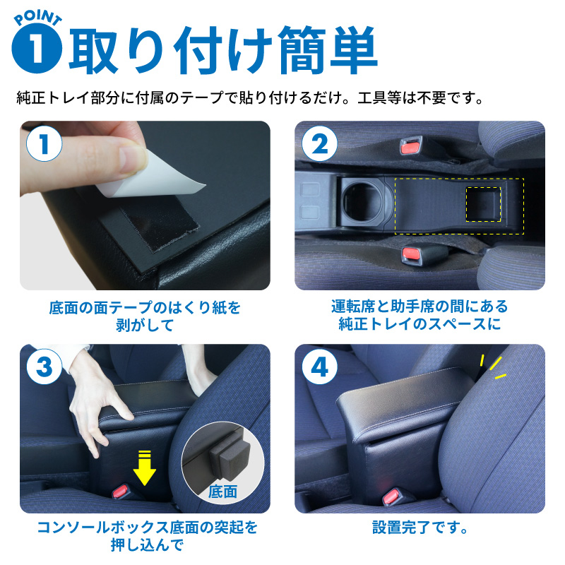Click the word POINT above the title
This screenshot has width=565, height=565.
point(38,18)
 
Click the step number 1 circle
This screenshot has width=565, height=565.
point(44,144)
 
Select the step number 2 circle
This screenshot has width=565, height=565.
point(319,144)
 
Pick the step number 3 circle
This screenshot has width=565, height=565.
point(44,367)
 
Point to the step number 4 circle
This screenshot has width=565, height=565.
point(319,367)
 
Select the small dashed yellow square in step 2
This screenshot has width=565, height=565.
point(483,204)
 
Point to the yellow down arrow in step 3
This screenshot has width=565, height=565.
point(144,468)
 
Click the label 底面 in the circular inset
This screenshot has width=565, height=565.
point(222,492)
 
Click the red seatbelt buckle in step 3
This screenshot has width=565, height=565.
point(121,492)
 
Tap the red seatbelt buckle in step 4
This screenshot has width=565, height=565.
point(392,497)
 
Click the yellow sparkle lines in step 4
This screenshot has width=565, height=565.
point(493,367)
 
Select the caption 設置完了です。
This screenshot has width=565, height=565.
point(420,528)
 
